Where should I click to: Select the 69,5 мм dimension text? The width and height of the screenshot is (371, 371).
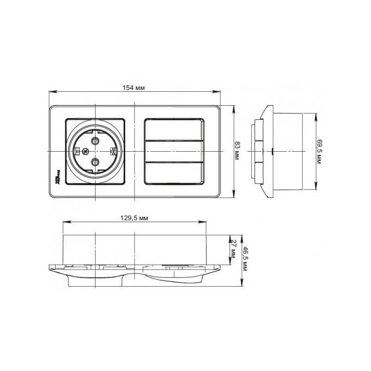point(319,151)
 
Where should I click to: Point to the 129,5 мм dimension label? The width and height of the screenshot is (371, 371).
point(134,218)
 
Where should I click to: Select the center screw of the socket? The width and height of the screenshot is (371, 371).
point(85,151)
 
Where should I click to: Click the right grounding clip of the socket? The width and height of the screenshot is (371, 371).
point(113,151)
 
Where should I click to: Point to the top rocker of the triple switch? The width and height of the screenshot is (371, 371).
point(175,129)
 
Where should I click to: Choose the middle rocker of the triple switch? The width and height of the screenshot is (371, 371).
point(175,151)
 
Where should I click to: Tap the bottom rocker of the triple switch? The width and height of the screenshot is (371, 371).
point(175,173)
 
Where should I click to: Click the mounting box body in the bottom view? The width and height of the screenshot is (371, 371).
point(134,249)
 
